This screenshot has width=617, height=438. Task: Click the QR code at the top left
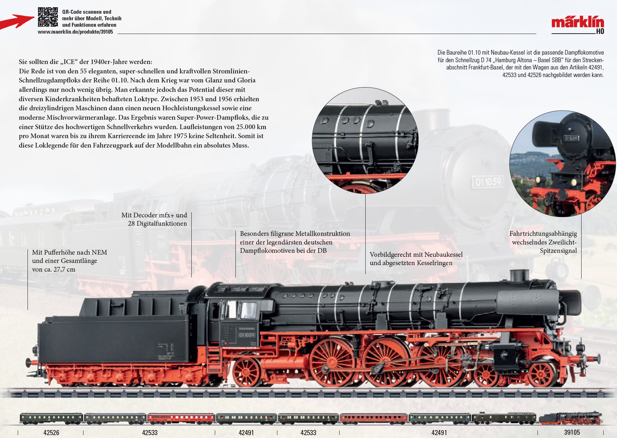point(48,17)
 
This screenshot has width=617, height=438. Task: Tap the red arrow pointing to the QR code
point(17,21)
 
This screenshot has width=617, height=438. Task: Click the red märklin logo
point(577,22)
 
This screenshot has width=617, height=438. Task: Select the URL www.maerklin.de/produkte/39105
point(75,32)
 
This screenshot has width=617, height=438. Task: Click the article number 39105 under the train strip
point(572,433)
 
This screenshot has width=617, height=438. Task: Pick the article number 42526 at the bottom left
point(51,433)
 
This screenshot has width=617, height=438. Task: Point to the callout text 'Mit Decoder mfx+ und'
point(154,215)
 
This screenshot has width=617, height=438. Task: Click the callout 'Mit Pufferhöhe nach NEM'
point(69,252)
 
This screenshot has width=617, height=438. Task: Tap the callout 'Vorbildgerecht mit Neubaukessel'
point(416,255)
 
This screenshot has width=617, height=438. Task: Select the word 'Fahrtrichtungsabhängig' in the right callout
point(543,234)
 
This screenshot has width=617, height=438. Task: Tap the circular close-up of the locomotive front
point(562,163)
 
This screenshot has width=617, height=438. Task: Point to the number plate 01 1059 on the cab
point(246,335)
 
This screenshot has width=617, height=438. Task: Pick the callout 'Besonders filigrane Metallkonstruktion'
point(295,234)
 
